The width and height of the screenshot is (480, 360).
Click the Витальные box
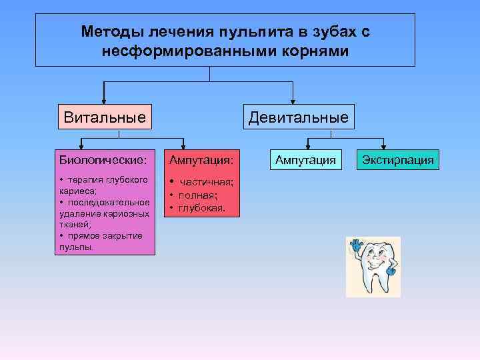point(105,118)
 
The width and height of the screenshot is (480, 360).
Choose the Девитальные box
point(298,118)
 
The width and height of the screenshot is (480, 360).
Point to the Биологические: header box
point(105,160)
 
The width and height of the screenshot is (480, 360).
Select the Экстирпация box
point(397,160)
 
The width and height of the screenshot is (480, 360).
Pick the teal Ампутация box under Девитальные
point(306,160)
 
